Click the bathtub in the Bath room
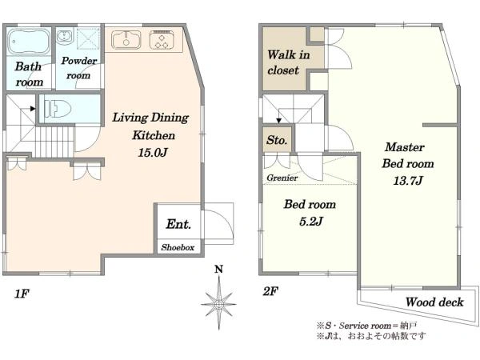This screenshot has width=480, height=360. (x=29, y=42)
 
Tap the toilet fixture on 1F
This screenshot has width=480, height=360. (x=58, y=109)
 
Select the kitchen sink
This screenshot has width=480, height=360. (x=126, y=40)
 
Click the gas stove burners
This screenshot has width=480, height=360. (x=162, y=40)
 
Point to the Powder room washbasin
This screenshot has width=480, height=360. (x=64, y=36)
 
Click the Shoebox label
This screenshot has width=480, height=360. (x=178, y=247)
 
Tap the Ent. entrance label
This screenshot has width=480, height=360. (x=178, y=224)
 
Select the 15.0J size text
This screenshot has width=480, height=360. (x=153, y=152)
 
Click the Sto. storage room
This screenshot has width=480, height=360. (x=277, y=139)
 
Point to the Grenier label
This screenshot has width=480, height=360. (x=282, y=178)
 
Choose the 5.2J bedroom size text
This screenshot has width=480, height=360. (x=310, y=221)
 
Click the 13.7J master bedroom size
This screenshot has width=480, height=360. (x=408, y=181)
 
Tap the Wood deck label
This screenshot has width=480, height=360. (x=434, y=302)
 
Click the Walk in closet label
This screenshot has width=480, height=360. (x=288, y=62)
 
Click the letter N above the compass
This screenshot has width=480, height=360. (x=218, y=269)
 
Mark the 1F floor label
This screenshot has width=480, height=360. (x=22, y=294)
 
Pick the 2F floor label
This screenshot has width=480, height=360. (x=270, y=291)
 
